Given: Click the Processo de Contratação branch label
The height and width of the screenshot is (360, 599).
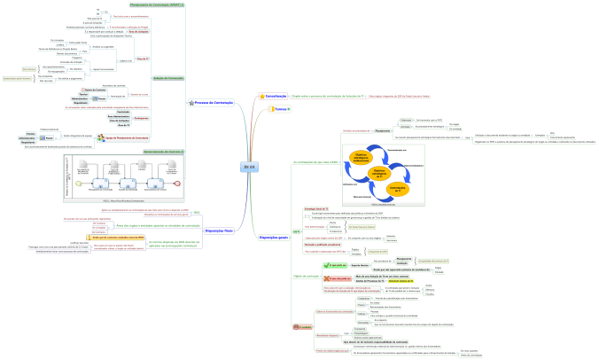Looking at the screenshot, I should click(213, 103).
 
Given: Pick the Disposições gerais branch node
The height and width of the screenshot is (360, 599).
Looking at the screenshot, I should click(272, 238).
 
